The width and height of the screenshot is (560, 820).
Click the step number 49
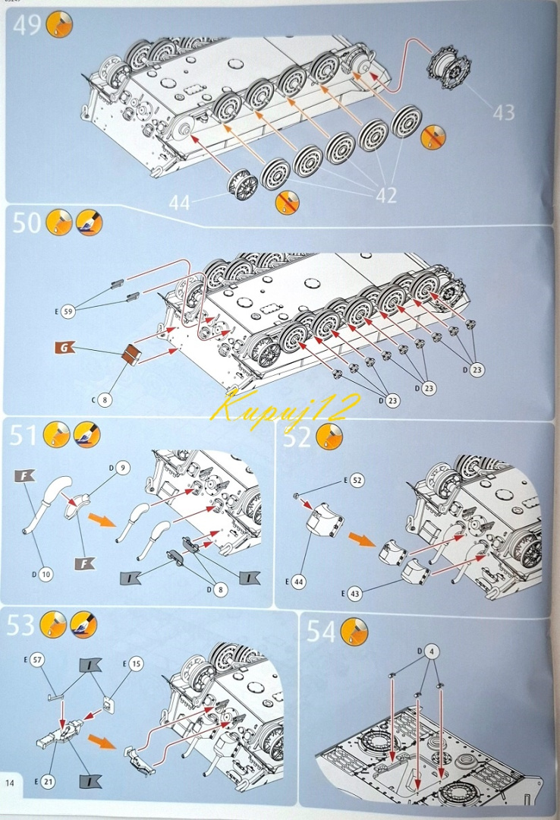pyautogui.click(x=26, y=24)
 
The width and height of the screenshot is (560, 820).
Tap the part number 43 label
pyautogui.click(x=504, y=112)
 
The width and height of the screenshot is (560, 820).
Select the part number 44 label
pyautogui.click(x=179, y=203)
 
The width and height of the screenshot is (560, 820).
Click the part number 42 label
pyautogui.click(x=386, y=195)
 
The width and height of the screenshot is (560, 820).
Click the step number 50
pyautogui.click(x=26, y=222)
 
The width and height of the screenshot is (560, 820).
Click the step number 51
pyautogui.click(x=24, y=435)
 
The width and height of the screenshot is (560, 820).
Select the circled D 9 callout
pyautogui.click(x=120, y=468)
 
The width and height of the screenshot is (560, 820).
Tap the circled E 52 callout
pyautogui.click(x=354, y=480)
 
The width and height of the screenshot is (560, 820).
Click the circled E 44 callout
pyautogui.click(x=295, y=581)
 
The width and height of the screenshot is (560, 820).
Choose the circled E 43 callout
pyautogui.click(x=351, y=594)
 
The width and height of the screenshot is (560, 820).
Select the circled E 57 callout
pyautogui.click(x=34, y=660)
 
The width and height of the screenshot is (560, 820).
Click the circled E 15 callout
pyautogui.click(x=133, y=664)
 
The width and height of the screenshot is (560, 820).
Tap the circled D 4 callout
pyautogui.click(x=429, y=651)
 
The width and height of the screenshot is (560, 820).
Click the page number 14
pyautogui.click(x=10, y=783)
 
